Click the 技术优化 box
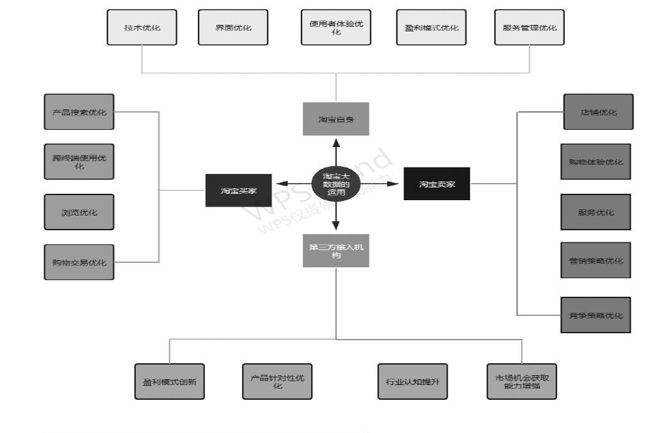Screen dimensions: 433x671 point(141,28)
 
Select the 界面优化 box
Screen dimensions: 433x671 point(233,28)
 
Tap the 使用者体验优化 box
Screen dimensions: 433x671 point(335,28)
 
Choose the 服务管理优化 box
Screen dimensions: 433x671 point(530,28)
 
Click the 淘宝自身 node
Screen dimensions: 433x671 point(335,119)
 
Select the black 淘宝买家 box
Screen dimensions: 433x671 point(238,190)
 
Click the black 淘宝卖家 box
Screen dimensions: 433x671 point(437,184)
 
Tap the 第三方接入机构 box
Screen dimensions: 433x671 point(335,250)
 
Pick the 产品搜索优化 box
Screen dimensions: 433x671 point(79,112)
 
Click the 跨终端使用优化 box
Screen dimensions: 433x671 point(79,161)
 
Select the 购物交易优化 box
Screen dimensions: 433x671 point(79,262)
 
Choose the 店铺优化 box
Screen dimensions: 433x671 point(598,112)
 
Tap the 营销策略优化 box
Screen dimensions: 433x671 point(595,260)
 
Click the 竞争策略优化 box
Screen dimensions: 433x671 point(595,315)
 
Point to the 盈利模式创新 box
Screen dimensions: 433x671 point(169,381)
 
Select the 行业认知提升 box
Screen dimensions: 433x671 point(412,381)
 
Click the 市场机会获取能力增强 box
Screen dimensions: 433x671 point(521,381)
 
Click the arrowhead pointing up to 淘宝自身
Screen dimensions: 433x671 point(336,142)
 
